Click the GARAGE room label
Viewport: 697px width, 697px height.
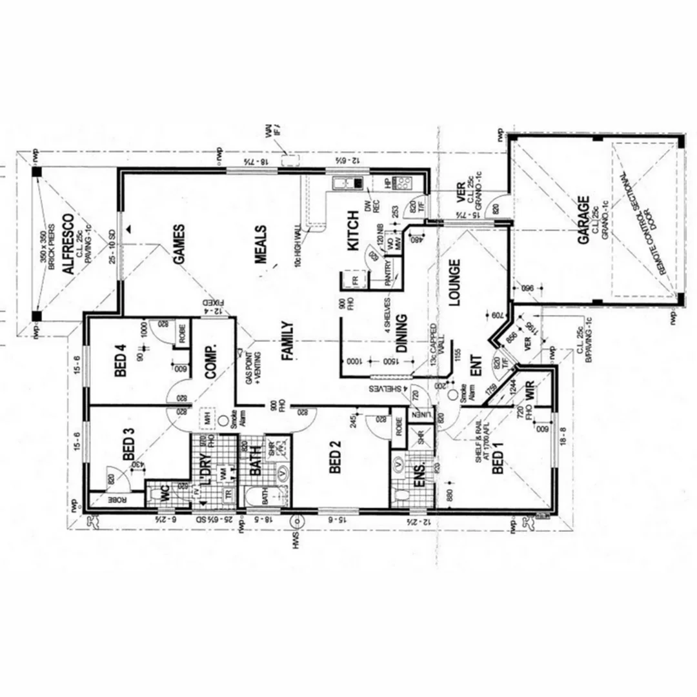pos(583,220)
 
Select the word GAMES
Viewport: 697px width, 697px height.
pos(178,245)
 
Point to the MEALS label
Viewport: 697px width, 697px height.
pos(261,244)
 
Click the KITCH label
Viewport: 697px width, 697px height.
pos(353,231)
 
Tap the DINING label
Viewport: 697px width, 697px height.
pos(401,333)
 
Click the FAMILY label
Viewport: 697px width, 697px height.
pos(287,340)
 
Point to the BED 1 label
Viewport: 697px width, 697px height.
pos(498,462)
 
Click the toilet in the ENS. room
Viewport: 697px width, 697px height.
pos(402,496)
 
